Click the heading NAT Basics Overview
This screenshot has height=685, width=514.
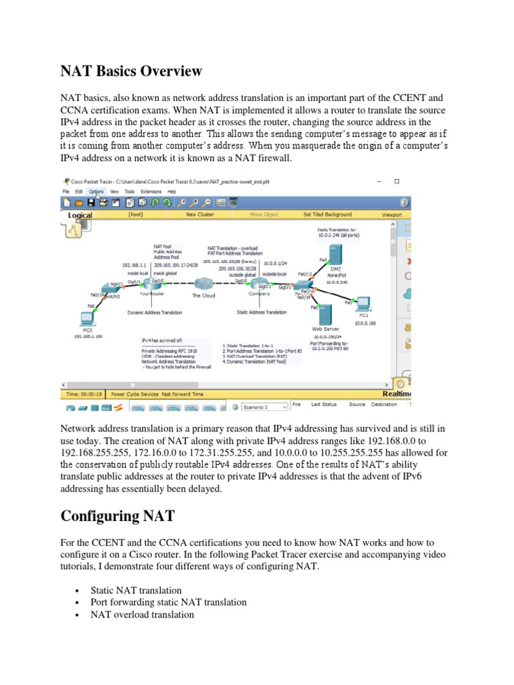(x=131, y=70)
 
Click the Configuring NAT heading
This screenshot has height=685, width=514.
(x=118, y=516)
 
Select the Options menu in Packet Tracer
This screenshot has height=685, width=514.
(x=96, y=191)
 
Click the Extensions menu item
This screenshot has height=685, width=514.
(x=151, y=191)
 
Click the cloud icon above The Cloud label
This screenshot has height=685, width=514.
(x=203, y=284)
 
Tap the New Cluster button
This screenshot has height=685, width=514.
(x=199, y=215)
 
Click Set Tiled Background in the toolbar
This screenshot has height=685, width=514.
(x=327, y=215)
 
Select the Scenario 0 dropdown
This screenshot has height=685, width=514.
(x=265, y=407)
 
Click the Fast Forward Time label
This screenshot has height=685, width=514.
(x=176, y=395)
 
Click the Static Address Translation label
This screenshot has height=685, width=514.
(x=262, y=312)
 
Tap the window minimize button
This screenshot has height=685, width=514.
(x=379, y=181)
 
